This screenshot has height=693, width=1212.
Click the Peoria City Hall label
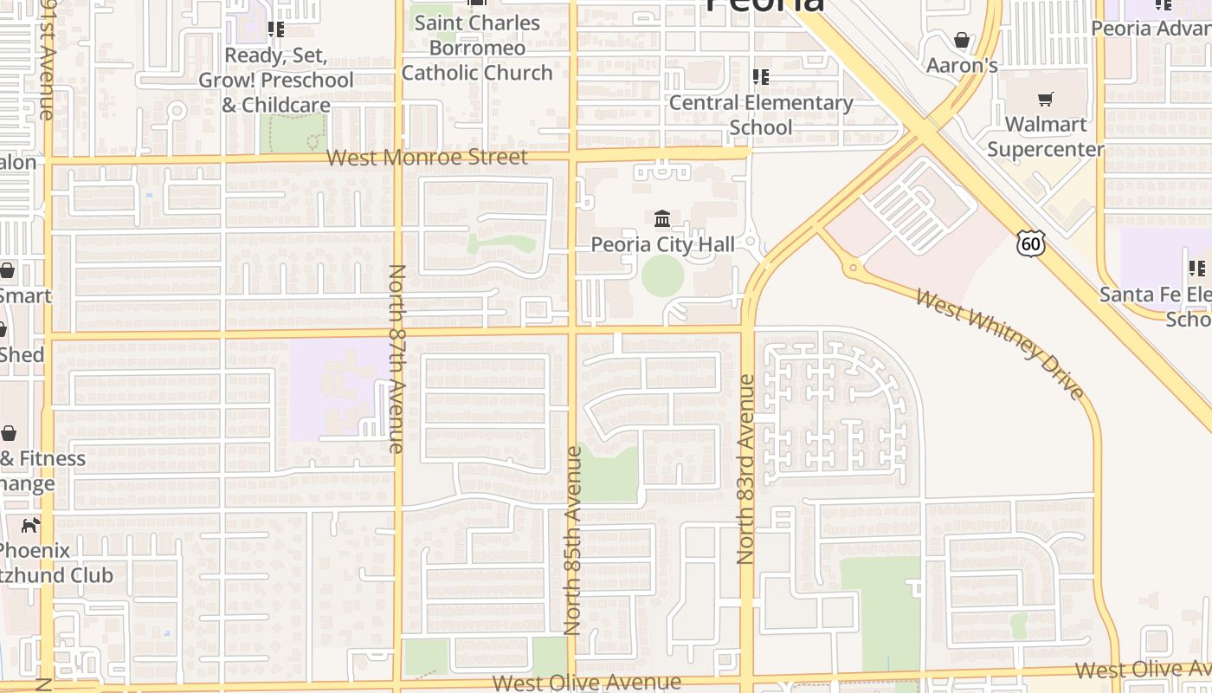click(x=662, y=244)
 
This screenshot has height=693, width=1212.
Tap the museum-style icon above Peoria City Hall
click(x=662, y=217)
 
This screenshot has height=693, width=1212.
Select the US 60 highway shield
click(x=1030, y=243)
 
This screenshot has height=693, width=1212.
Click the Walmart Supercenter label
click(x=1046, y=137)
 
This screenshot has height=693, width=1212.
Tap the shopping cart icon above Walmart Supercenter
click(x=1046, y=99)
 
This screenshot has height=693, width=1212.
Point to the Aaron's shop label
click(x=962, y=66)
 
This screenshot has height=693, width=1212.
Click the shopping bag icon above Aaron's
click(x=961, y=40)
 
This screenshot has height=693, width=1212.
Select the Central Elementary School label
click(x=761, y=114)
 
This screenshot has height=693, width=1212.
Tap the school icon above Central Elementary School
click(x=761, y=77)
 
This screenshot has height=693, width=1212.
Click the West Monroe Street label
click(x=427, y=158)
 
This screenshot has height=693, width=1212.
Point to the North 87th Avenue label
click(x=396, y=359)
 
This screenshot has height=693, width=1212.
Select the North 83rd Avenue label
click(x=746, y=469)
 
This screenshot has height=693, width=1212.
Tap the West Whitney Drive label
click(x=1000, y=344)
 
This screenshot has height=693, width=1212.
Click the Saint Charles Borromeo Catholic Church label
click(x=477, y=48)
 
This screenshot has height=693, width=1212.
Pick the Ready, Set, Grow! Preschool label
click(x=276, y=80)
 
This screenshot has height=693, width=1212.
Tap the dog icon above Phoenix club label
click(x=31, y=524)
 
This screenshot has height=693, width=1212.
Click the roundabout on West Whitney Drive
click(x=854, y=268)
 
